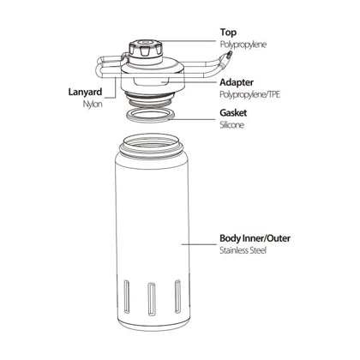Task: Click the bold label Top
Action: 228,33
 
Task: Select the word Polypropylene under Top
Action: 243,45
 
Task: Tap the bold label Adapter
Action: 237,82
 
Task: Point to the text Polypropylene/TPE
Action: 249,94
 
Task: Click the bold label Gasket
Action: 233,113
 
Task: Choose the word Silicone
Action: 232,125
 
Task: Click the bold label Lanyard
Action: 85,92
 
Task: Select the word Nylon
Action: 93,104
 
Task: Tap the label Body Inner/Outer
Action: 255,238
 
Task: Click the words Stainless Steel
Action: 243,250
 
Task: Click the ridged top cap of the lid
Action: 146,49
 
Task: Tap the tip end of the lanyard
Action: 229,54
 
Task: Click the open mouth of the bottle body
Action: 152,141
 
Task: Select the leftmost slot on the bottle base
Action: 127,297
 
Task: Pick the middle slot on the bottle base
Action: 152,299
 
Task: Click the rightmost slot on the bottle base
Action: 177,297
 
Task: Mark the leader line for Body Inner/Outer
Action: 199,244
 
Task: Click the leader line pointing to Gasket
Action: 194,118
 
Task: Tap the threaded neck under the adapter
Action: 150,99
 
